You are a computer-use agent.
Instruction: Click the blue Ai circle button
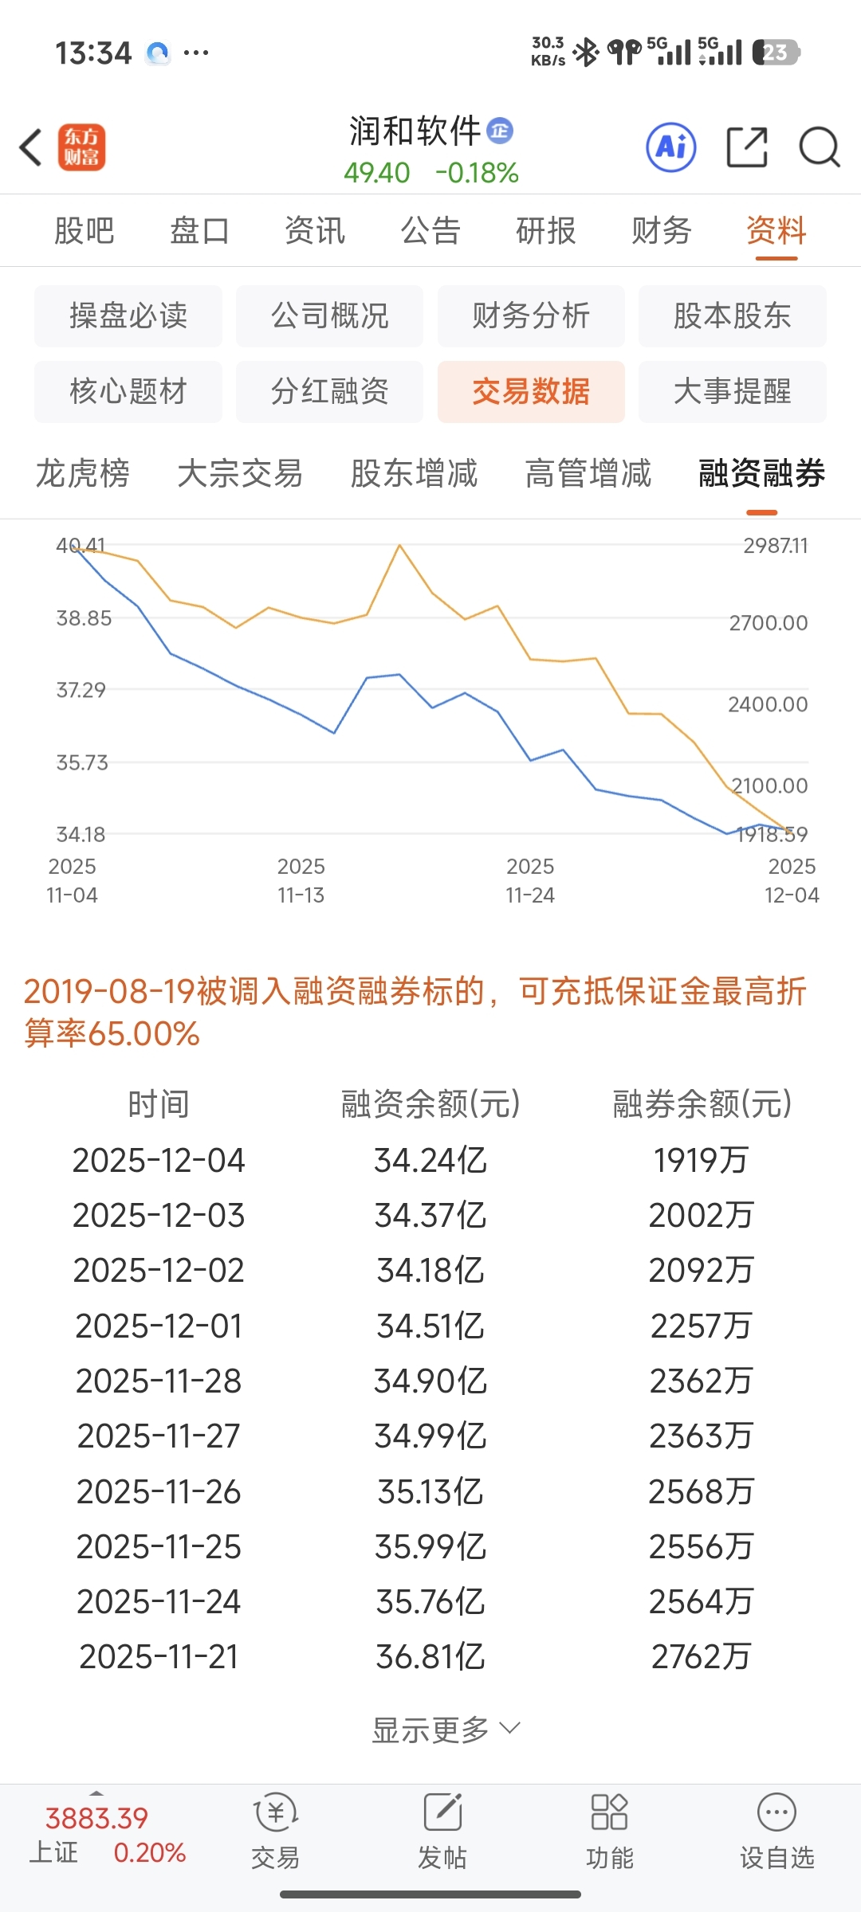point(670,147)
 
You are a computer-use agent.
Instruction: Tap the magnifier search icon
point(819,147)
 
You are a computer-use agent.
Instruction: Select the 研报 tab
point(546,231)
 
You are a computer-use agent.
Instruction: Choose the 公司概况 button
point(329,316)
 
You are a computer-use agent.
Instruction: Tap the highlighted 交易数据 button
point(531,392)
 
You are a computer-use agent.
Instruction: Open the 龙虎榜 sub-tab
point(83,474)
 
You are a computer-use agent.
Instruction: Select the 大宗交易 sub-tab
point(240,474)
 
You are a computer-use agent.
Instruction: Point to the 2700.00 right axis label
point(768,623)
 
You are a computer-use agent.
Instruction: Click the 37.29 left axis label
point(81,690)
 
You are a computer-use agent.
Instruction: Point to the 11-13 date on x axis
point(301,895)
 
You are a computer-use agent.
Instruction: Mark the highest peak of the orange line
point(399,546)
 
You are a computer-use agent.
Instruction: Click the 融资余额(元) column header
point(431,1104)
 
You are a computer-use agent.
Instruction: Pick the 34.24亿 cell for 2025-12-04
point(431,1161)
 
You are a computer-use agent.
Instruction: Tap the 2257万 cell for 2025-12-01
point(701,1326)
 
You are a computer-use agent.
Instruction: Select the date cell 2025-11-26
point(159,1492)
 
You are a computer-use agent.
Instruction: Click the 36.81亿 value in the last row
point(431,1658)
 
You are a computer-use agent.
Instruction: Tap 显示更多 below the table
point(445,1730)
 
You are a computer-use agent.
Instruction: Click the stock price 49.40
point(376,173)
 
